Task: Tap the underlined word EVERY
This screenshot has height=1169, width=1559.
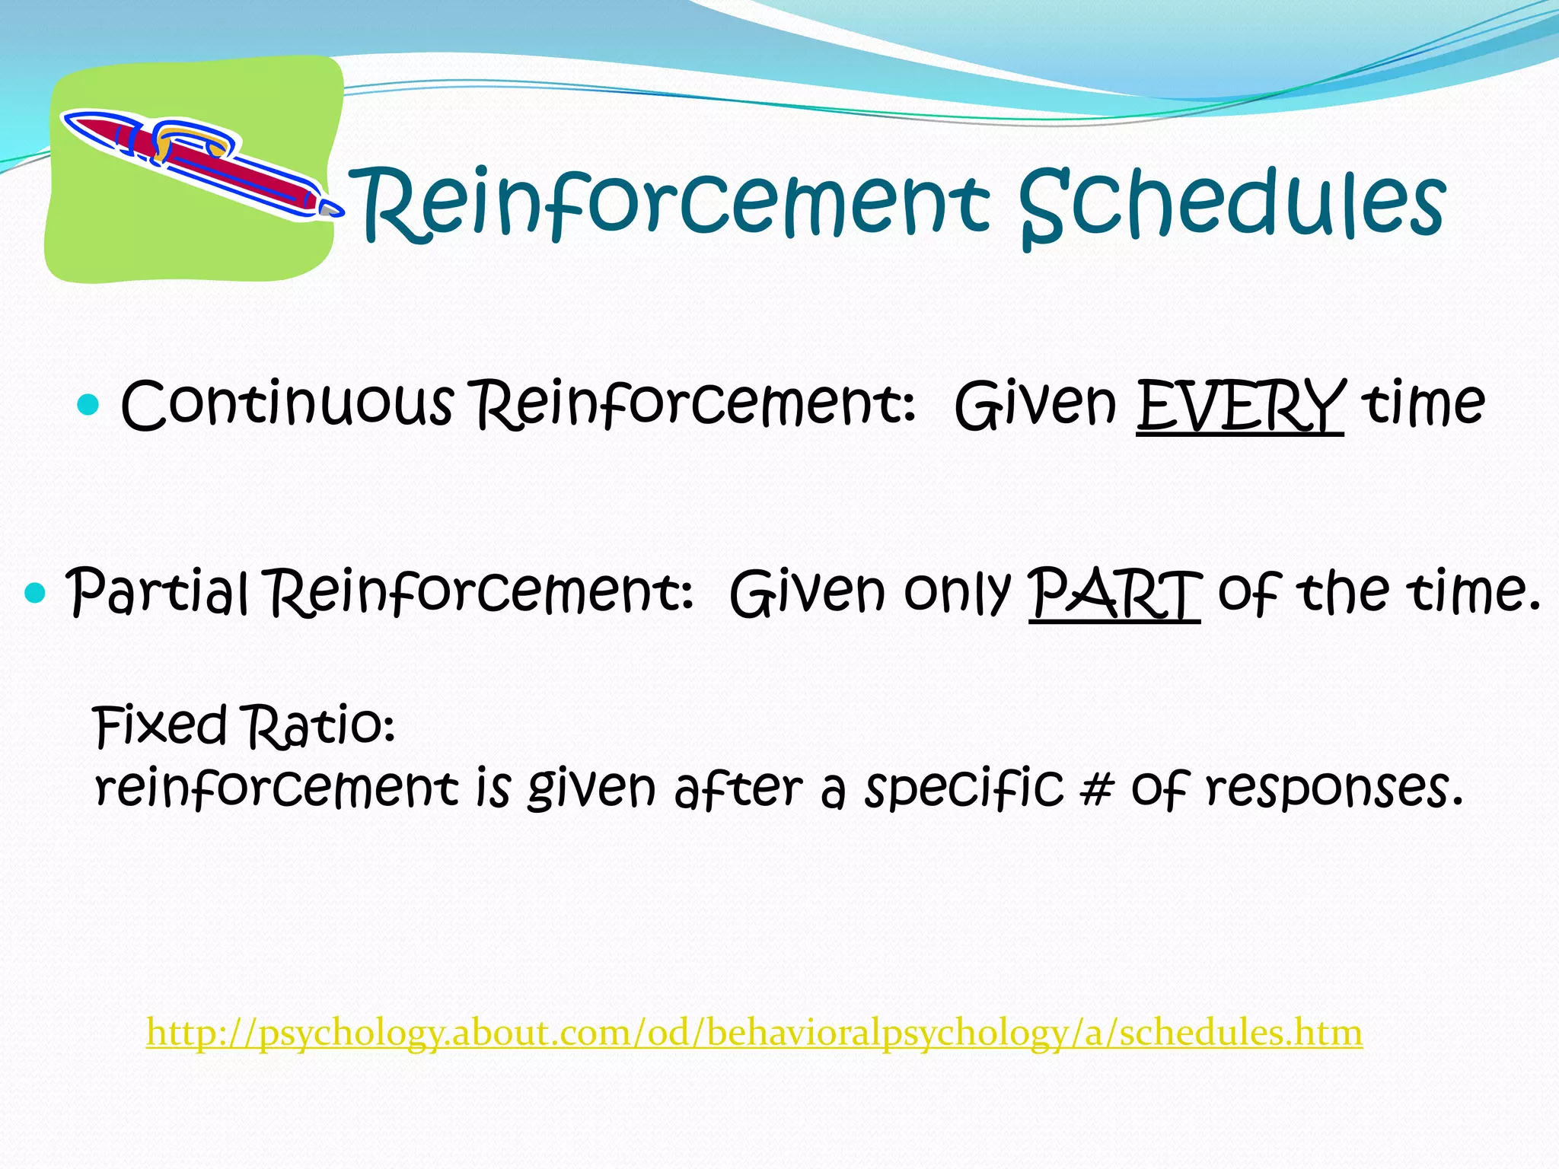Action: click(1239, 406)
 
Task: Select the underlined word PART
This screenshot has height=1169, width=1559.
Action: click(1114, 594)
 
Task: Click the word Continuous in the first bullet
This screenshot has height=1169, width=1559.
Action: click(287, 404)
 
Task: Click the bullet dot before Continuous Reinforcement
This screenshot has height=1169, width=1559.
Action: click(89, 404)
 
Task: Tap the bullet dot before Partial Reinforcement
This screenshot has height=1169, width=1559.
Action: click(35, 592)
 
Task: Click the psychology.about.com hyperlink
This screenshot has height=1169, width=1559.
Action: click(754, 1033)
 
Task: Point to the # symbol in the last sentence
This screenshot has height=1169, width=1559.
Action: click(1095, 789)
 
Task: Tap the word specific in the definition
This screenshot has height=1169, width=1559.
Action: click(963, 789)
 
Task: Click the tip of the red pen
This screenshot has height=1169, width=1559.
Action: click(332, 208)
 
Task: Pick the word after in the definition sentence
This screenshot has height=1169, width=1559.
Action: click(738, 789)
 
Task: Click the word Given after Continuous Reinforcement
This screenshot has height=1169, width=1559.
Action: click(1035, 406)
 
